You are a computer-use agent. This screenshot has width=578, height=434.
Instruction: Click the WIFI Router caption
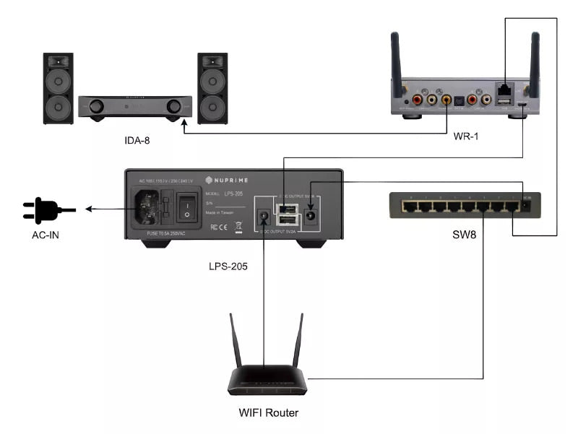(x=268, y=413)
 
